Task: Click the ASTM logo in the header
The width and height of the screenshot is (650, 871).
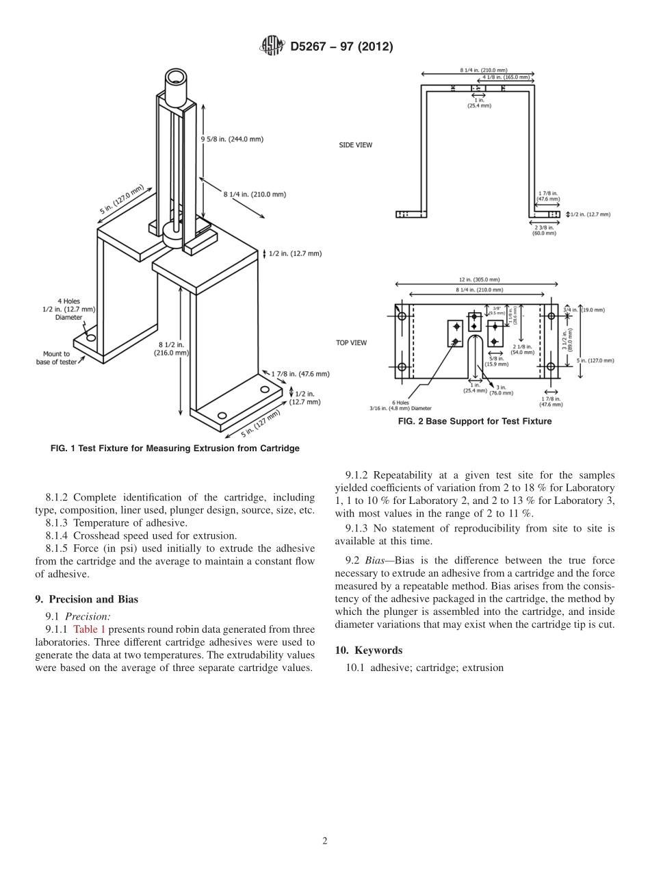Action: click(271, 46)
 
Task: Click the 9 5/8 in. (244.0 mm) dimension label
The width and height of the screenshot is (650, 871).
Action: click(232, 139)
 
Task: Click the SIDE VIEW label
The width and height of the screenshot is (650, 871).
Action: click(356, 145)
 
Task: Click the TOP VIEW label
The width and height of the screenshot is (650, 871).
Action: click(351, 342)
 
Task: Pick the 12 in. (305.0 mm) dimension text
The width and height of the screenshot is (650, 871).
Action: click(479, 279)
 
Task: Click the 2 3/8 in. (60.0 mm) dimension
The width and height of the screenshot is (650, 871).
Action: click(545, 230)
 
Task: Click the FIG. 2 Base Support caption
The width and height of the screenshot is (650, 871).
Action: click(474, 422)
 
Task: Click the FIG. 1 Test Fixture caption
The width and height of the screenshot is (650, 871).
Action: click(175, 449)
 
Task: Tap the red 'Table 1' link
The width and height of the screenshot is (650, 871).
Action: click(89, 629)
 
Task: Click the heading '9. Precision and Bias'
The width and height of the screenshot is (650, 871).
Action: click(87, 599)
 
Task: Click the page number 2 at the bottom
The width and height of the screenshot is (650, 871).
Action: click(325, 841)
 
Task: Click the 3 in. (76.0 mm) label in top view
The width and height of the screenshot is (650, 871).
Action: click(502, 390)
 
